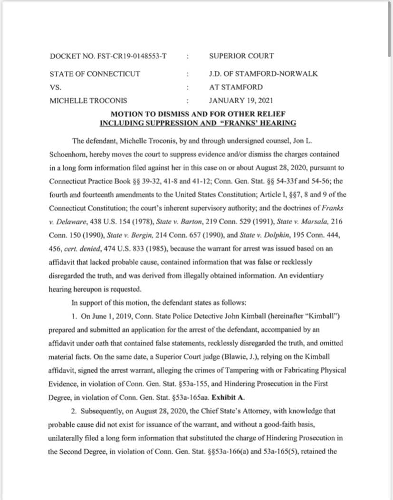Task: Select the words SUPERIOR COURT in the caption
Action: pos(241,56)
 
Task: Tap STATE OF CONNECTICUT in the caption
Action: pos(95,74)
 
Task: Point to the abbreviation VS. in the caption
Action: pos(56,87)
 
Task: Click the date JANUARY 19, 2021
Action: pos(241,101)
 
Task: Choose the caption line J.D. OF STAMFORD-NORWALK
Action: pos(263,74)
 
